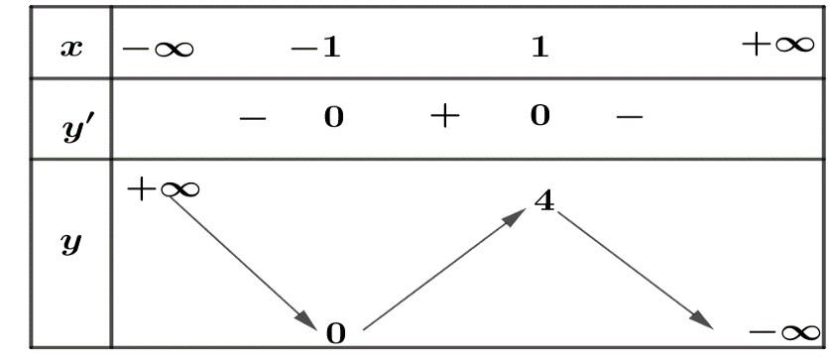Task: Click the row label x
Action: pos(71,49)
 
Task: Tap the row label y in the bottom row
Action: pos(71,246)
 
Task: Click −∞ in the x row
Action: pos(158,50)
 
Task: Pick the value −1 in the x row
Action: pos(315,49)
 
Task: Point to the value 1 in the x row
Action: pos(539,49)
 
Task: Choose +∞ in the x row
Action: pos(777,45)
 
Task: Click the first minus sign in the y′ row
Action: pos(252,118)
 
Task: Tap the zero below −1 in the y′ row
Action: pos(333,117)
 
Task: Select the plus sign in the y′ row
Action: pos(445,116)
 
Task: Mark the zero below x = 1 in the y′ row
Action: pos(539,115)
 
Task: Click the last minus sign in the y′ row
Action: pos(630,116)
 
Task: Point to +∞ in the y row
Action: pos(164,189)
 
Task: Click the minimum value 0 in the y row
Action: pos(336,334)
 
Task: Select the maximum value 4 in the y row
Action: pos(544,201)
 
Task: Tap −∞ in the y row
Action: pos(785,333)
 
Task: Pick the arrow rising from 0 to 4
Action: pos(444,269)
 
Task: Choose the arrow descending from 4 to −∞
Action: pos(636,270)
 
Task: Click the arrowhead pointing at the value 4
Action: pos(516,215)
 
